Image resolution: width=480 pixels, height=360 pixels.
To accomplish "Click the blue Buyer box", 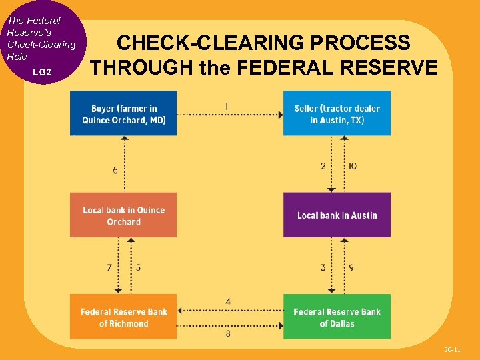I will pos(123,114).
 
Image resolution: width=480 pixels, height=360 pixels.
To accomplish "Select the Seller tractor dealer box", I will pos(337,114).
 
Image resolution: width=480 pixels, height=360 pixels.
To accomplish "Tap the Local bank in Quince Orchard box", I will pos(123,215).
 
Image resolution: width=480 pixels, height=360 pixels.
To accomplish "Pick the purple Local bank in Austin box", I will pos(337,215).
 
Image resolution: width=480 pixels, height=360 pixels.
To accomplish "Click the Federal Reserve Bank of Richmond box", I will pos(123,317).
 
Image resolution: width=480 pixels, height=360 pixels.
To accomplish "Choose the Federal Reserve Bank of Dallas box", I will pos(337,317).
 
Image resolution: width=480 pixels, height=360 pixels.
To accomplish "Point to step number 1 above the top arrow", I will pos(227,106).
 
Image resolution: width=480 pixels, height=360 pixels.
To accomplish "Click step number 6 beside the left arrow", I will pos(115,171).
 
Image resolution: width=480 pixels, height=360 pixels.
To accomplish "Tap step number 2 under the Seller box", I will pos(323,165).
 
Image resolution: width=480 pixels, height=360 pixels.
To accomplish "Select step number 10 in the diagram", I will pos(352,165).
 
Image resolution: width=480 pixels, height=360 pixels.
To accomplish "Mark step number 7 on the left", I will pos(109,268).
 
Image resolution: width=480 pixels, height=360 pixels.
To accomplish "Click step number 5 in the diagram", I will pos(138,268).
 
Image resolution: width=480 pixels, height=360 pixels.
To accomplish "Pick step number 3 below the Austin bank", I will pos(323,268).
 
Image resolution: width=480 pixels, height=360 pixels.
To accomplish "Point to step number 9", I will pos(351,268).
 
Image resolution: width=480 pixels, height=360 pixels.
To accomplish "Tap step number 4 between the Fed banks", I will pos(228,302).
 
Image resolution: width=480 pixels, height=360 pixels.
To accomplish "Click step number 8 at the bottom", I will pos(228,333).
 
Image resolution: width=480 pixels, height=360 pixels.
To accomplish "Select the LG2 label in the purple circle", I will pos(41,71).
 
